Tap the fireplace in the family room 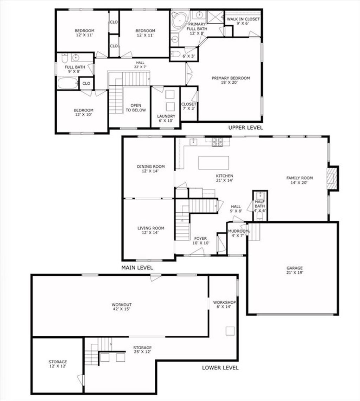coord(333,179)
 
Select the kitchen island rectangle coord(214,163)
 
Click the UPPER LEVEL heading coord(246,127)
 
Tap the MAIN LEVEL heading coord(137,267)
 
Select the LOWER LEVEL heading coord(220,368)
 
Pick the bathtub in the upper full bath coord(68,83)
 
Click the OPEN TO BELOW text coord(136,108)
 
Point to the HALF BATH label coord(260,204)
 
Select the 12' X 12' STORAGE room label coord(58,364)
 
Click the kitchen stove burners coord(218,142)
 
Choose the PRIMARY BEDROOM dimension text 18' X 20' coord(230,82)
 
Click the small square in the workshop coord(230,331)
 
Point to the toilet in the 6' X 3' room coord(175,54)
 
